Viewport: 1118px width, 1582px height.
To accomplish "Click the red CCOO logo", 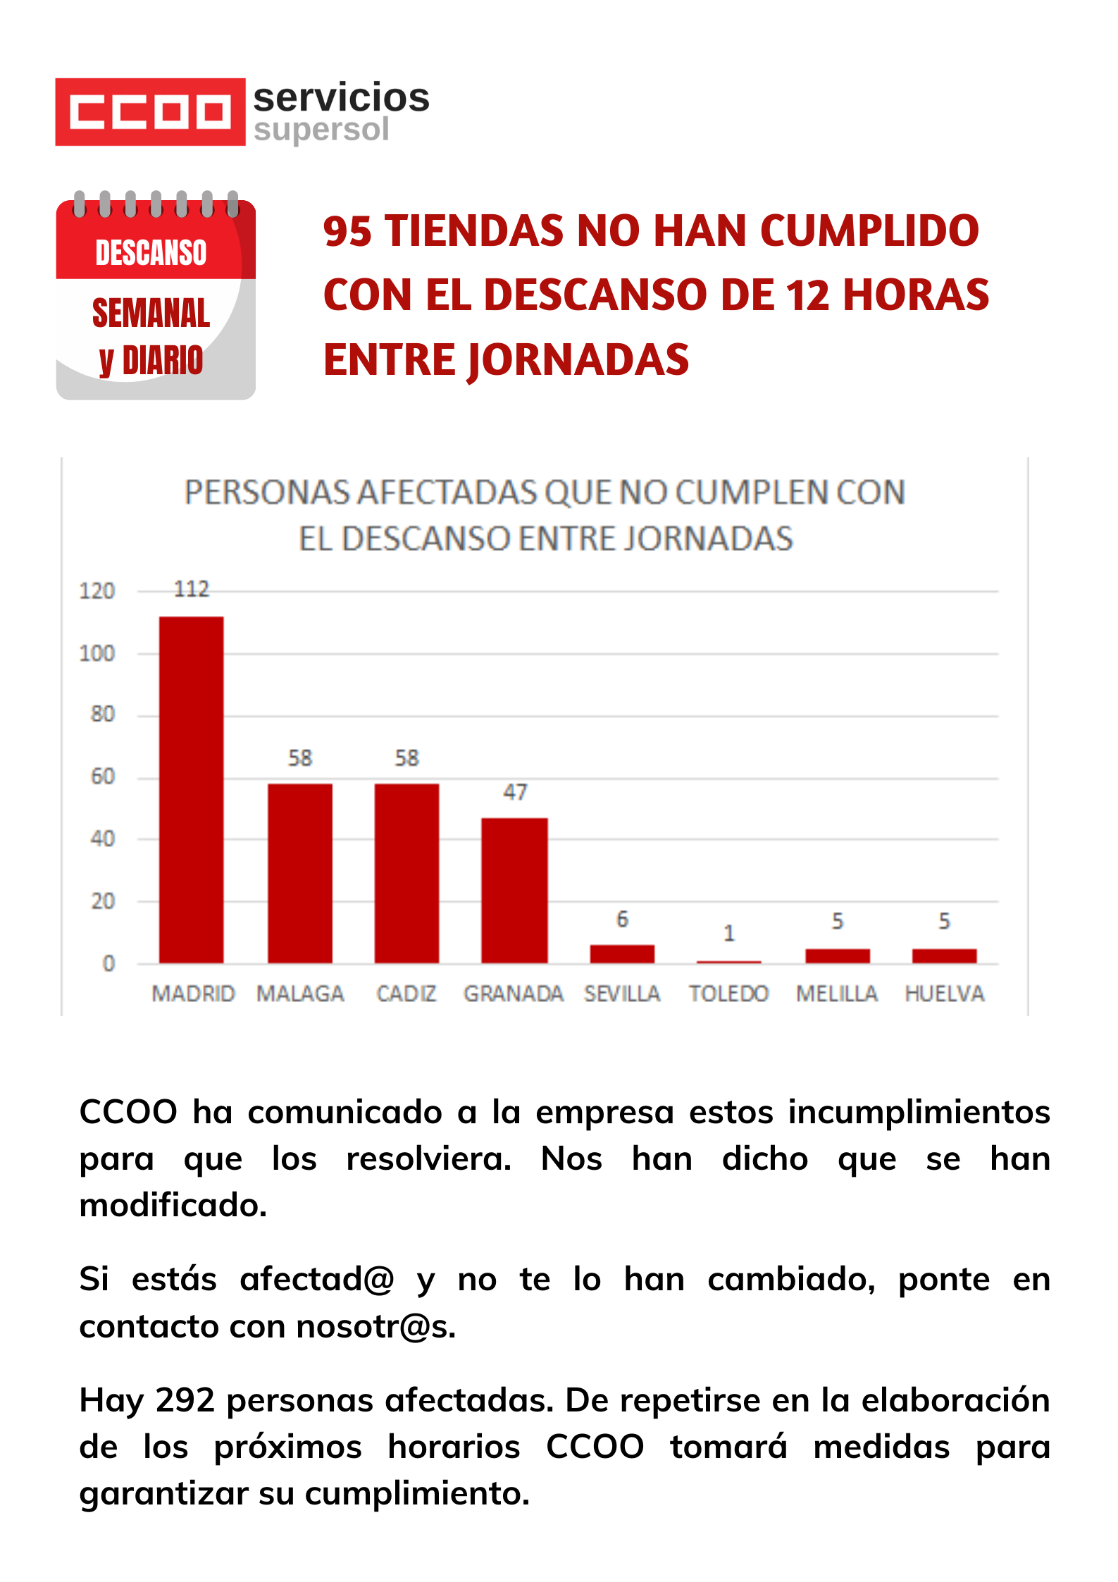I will (x=150, y=112).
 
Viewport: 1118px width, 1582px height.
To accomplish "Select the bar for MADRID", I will (x=191, y=789).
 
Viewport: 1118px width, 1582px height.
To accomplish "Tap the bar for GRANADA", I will (x=514, y=890).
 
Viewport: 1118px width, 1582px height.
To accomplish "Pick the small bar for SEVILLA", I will (x=622, y=953).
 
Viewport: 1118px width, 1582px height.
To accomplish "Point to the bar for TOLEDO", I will (x=728, y=961).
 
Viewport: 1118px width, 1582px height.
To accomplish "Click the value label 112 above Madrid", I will (x=192, y=589).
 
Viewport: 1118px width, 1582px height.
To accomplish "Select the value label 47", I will (x=515, y=792).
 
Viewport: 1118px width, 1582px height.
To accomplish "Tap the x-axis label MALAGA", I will (x=300, y=994).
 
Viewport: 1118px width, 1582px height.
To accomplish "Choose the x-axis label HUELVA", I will (x=944, y=994).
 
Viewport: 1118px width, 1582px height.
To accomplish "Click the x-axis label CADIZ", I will (x=406, y=994).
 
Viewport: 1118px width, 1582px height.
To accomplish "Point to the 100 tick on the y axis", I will (x=97, y=654).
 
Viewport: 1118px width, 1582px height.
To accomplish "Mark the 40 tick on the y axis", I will (x=103, y=839).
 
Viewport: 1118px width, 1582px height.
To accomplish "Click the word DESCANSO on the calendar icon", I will (x=151, y=253).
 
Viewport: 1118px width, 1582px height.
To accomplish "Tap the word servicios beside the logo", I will (x=341, y=97).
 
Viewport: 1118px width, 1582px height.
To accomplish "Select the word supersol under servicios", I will (x=321, y=130).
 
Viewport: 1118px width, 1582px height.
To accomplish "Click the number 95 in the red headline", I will (x=347, y=231).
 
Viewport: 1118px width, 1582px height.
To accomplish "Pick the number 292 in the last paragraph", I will (x=185, y=1400).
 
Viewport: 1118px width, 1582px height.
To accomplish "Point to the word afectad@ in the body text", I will (x=316, y=1280).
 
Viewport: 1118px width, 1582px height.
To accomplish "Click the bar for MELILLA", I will (x=837, y=956).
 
